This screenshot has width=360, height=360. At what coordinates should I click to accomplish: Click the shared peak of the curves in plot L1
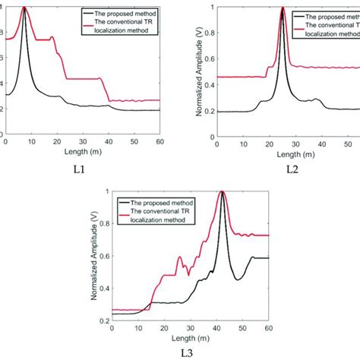(25, 8)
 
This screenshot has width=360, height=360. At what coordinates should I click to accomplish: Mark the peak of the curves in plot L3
(222, 191)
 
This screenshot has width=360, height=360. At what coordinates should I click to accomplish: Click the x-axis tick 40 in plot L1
(109, 141)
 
